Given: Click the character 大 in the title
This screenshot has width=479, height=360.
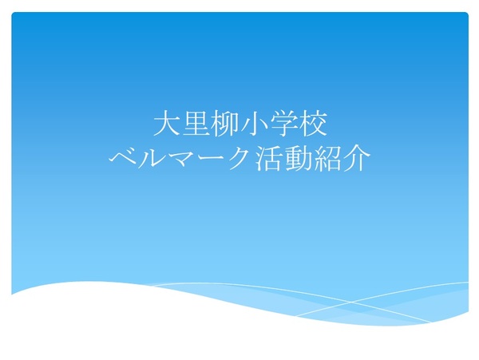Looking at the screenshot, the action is point(165,124).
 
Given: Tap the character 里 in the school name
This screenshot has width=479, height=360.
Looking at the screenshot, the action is point(196,124).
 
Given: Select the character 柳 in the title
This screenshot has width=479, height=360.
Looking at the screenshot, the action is point(225,124).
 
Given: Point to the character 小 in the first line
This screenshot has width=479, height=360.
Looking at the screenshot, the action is point(255,124).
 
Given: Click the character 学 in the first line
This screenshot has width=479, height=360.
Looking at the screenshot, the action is point(283,124).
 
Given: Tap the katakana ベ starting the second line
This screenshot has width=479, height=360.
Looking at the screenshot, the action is point(124,159).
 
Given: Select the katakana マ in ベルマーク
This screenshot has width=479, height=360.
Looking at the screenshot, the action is point(180,159).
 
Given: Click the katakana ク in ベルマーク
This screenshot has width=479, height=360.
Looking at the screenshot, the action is point(238,159).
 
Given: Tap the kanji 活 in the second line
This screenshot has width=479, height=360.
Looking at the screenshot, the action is point(268,159).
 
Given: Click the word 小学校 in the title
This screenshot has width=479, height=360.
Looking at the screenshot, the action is point(284,124).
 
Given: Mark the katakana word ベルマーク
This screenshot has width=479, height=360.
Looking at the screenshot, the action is point(180,159).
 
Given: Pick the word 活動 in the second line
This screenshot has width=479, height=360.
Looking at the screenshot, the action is point(283,159).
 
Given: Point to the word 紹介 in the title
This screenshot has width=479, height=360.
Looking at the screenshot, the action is point(342,159).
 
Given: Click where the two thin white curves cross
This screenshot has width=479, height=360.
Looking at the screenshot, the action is point(350,302).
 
